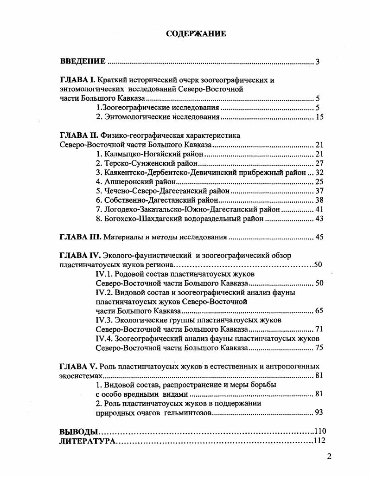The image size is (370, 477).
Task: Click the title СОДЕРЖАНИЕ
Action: pyautogui.click(x=196, y=33)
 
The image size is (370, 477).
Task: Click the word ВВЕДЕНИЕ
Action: pyautogui.click(x=83, y=61)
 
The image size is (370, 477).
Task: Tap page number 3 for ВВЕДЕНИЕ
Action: pyautogui.click(x=318, y=62)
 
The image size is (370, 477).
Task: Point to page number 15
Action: pyautogui.click(x=319, y=117)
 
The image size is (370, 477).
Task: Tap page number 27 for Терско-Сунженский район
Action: pyautogui.click(x=319, y=163)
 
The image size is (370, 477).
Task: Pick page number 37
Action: pyautogui.click(x=319, y=191)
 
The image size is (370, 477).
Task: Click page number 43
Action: pyautogui.click(x=319, y=219)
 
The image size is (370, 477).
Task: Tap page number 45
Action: pyautogui.click(x=319, y=238)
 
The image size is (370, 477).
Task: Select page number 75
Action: pyautogui.click(x=319, y=348)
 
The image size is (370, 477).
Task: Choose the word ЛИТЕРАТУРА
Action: pyautogui.click(x=87, y=441)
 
